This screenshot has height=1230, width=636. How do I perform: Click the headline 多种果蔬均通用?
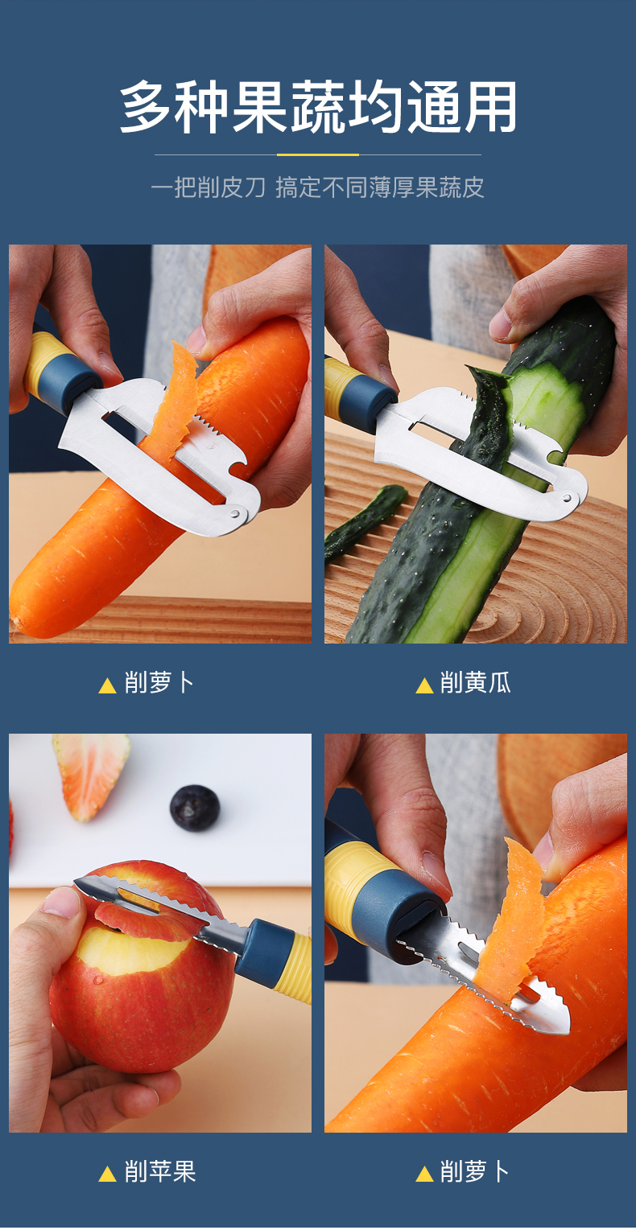tap(318, 108)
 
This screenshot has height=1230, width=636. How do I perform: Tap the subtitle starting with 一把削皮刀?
tap(318, 188)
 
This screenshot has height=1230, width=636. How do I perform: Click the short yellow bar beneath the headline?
tap(318, 154)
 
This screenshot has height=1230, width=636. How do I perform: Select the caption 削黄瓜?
tap(475, 684)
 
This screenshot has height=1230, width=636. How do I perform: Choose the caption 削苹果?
tap(160, 1172)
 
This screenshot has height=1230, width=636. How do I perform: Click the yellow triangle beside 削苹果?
tap(107, 1174)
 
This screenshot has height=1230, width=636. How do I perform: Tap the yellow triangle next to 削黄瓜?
tap(424, 686)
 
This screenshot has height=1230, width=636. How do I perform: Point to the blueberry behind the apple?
tap(195, 808)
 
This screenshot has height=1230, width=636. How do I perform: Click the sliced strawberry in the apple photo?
tap(90, 772)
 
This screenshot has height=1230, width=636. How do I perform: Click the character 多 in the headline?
tap(147, 108)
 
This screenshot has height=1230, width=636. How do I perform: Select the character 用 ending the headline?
tap(489, 108)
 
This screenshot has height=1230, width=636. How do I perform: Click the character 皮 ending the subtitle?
tap(473, 188)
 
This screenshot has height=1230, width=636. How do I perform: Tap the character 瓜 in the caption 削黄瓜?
tap(499, 684)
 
